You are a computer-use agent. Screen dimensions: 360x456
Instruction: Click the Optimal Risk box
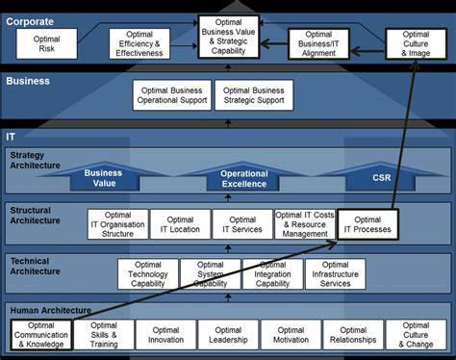pyautogui.click(x=46, y=43)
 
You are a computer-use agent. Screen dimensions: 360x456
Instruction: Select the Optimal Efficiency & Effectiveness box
pyautogui.click(x=139, y=43)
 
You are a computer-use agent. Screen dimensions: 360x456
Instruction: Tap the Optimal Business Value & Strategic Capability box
pyautogui.click(x=229, y=36)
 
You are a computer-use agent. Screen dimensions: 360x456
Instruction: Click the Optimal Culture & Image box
pyautogui.click(x=416, y=43)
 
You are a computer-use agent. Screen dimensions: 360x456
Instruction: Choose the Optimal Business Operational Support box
pyautogui.click(x=173, y=96)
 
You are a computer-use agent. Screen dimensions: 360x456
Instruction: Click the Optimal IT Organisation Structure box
pyautogui.click(x=117, y=224)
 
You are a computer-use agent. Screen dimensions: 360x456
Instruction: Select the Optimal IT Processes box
pyautogui.click(x=367, y=224)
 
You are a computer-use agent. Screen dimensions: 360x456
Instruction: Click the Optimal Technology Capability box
pyautogui.click(x=148, y=273)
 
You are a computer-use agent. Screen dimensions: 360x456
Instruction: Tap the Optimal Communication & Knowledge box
pyautogui.click(x=41, y=334)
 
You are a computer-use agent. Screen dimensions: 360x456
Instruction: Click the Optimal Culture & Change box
pyautogui.click(x=416, y=334)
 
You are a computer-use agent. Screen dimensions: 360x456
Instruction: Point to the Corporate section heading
pyautogui.click(x=31, y=20)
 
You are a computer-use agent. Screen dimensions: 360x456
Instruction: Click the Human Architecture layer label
pyautogui.click(x=51, y=310)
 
